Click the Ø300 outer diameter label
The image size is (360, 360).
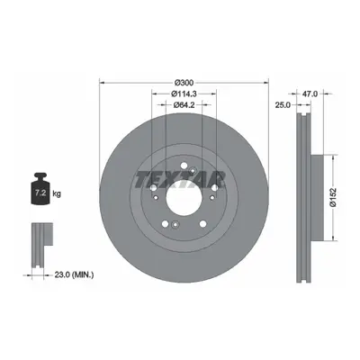[184, 82]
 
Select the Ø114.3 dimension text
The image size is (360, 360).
[184, 94]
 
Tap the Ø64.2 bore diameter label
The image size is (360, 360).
[184, 104]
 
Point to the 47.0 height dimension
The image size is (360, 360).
[310, 94]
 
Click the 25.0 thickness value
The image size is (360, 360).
[283, 104]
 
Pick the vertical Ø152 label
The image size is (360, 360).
[333, 198]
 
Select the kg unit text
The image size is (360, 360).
[57, 193]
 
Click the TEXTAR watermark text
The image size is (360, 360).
[180, 181]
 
